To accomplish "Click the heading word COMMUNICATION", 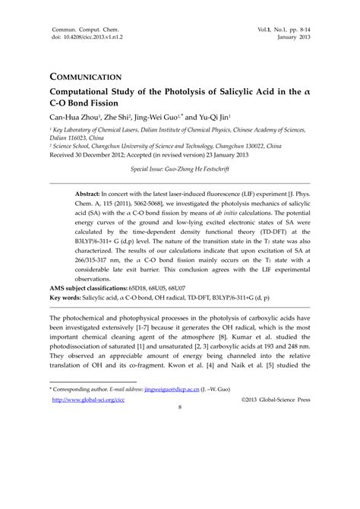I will (x=87, y=77).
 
